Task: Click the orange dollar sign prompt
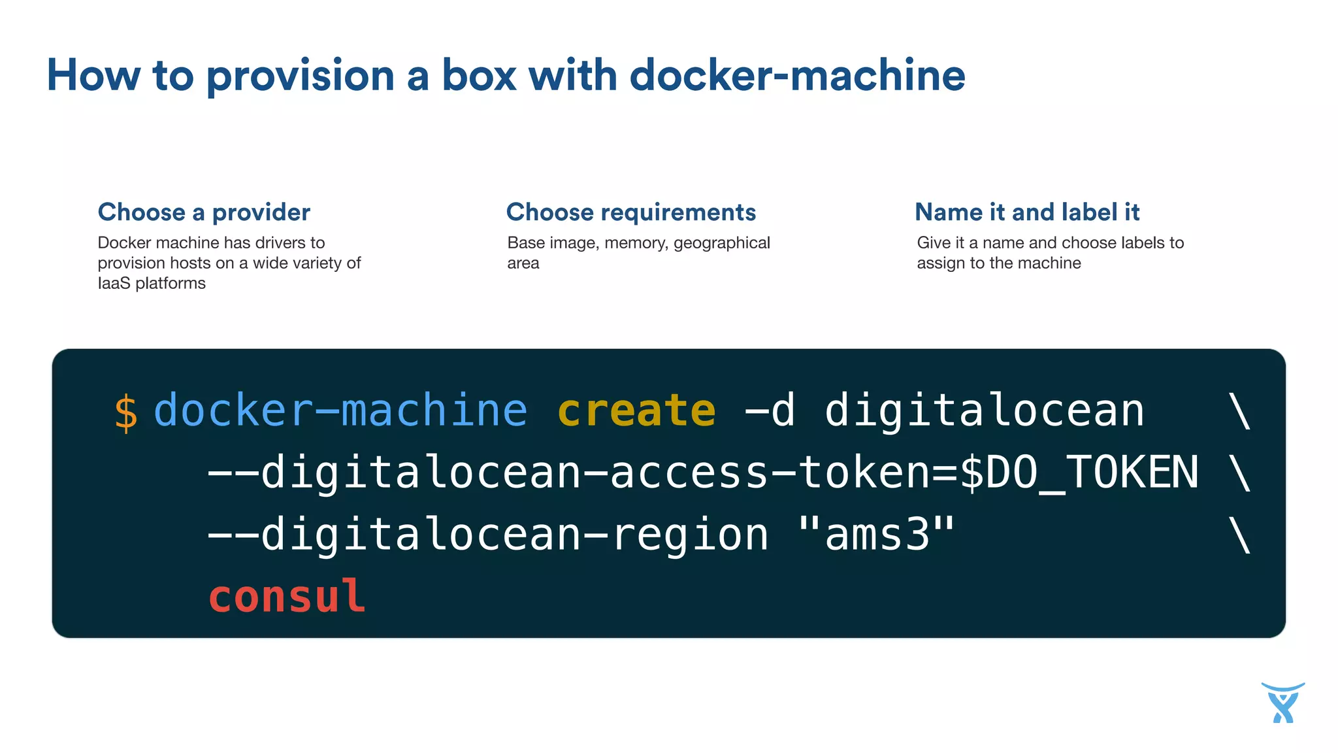tap(125, 413)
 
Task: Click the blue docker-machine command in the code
tap(340, 410)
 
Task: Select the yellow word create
tap(636, 410)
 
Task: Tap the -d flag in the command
tap(770, 410)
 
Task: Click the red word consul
tap(286, 596)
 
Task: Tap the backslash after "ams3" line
tap(1239, 535)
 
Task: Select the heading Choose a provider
tap(204, 212)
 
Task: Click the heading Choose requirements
tap(631, 212)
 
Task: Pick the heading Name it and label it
tap(1027, 212)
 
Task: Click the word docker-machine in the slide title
tap(797, 75)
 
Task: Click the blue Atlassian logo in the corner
tap(1282, 703)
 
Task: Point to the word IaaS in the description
tap(114, 283)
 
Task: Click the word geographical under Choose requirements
tap(721, 243)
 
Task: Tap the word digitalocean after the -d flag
tap(984, 410)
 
